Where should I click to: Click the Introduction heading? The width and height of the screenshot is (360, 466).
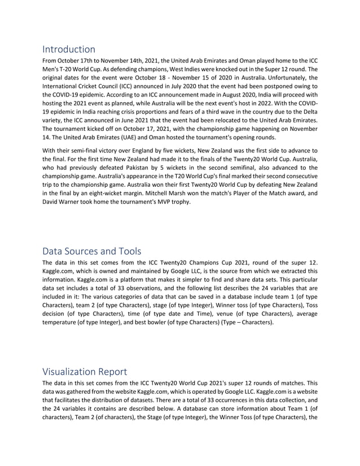click(x=69, y=49)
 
